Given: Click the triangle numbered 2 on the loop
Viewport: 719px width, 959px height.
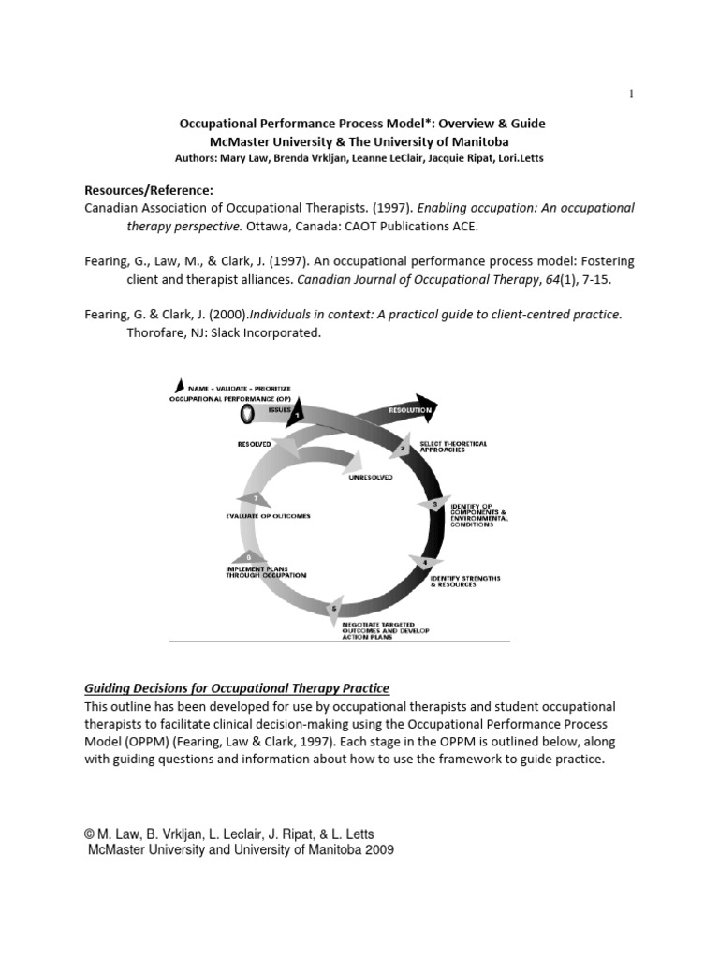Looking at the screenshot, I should (x=404, y=448).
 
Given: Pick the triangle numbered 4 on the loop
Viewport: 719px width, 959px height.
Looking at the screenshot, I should (x=424, y=563).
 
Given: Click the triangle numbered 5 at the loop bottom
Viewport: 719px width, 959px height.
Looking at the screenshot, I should (x=335, y=610).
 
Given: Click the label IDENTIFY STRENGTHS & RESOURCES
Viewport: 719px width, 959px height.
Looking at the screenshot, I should (x=464, y=583).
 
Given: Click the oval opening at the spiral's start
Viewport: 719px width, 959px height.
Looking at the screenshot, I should (x=246, y=413).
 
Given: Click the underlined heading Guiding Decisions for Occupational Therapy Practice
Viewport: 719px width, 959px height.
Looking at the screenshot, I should (x=237, y=688).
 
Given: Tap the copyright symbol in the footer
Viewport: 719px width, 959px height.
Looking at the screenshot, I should (x=90, y=834).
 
